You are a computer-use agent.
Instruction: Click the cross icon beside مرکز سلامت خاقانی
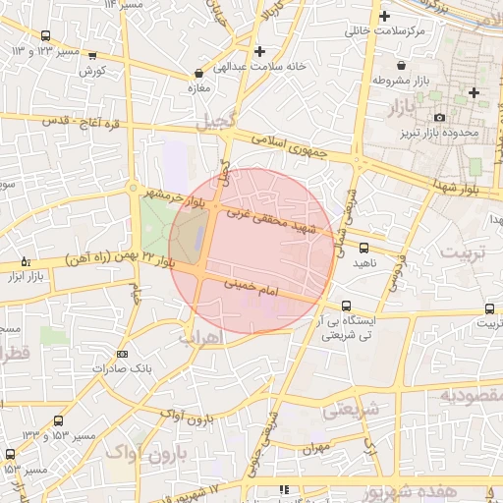(x=384, y=16)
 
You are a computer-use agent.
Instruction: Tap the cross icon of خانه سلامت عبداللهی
(x=258, y=51)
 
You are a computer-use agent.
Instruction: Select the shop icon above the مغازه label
(x=200, y=73)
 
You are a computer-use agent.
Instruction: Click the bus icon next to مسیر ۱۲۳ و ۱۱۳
(x=45, y=36)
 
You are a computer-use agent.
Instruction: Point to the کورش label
(x=91, y=71)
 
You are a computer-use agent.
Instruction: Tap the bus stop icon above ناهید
(x=364, y=248)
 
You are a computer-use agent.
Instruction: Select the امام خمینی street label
(x=252, y=288)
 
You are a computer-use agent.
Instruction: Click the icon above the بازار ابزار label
(x=26, y=262)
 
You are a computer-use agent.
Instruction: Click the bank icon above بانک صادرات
(x=122, y=354)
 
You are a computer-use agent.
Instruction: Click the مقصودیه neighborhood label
(x=471, y=395)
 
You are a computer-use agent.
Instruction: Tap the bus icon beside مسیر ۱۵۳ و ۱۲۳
(x=10, y=454)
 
